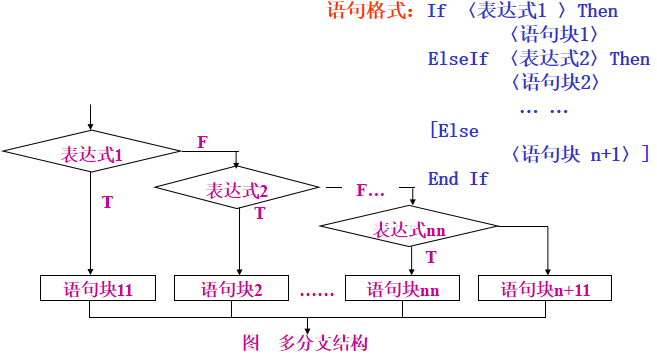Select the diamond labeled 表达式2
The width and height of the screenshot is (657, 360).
pyautogui.click(x=238, y=189)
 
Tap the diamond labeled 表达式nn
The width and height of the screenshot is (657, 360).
pyautogui.click(x=410, y=229)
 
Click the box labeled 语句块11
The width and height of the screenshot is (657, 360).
pyautogui.click(x=91, y=289)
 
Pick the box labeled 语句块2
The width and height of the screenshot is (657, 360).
pyautogui.click(x=232, y=289)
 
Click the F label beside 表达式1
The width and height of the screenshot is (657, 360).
pyautogui.click(x=202, y=142)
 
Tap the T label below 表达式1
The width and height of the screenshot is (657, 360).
pyautogui.click(x=107, y=202)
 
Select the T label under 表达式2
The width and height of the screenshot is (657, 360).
pyautogui.click(x=260, y=213)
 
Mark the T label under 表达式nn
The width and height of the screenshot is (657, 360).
pyautogui.click(x=431, y=258)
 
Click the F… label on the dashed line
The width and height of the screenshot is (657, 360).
pyautogui.click(x=370, y=190)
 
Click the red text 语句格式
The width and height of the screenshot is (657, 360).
pyautogui.click(x=370, y=12)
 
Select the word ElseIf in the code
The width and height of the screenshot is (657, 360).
pyautogui.click(x=458, y=59)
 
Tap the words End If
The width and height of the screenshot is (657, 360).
pyautogui.click(x=458, y=179)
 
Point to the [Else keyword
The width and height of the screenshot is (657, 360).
pyautogui.click(x=453, y=131)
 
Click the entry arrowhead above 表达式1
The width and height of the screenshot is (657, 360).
pyautogui.click(x=91, y=126)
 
